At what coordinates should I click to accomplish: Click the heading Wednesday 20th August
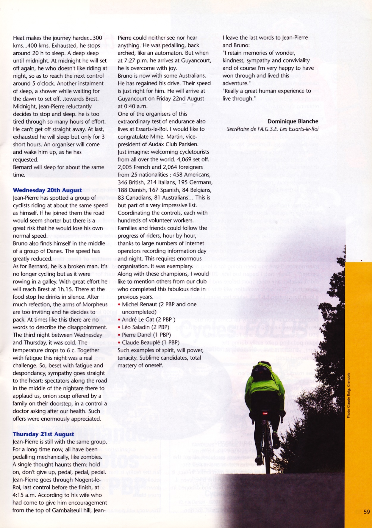[47, 190]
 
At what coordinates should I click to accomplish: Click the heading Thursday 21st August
[43, 434]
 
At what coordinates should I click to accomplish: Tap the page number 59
[367, 512]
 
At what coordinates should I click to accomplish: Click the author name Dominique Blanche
[293, 121]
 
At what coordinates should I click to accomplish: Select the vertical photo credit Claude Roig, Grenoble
[348, 395]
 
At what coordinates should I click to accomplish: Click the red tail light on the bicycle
[265, 413]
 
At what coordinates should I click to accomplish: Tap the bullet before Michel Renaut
[119, 305]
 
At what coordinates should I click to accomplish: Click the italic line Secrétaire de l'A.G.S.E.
[272, 129]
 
